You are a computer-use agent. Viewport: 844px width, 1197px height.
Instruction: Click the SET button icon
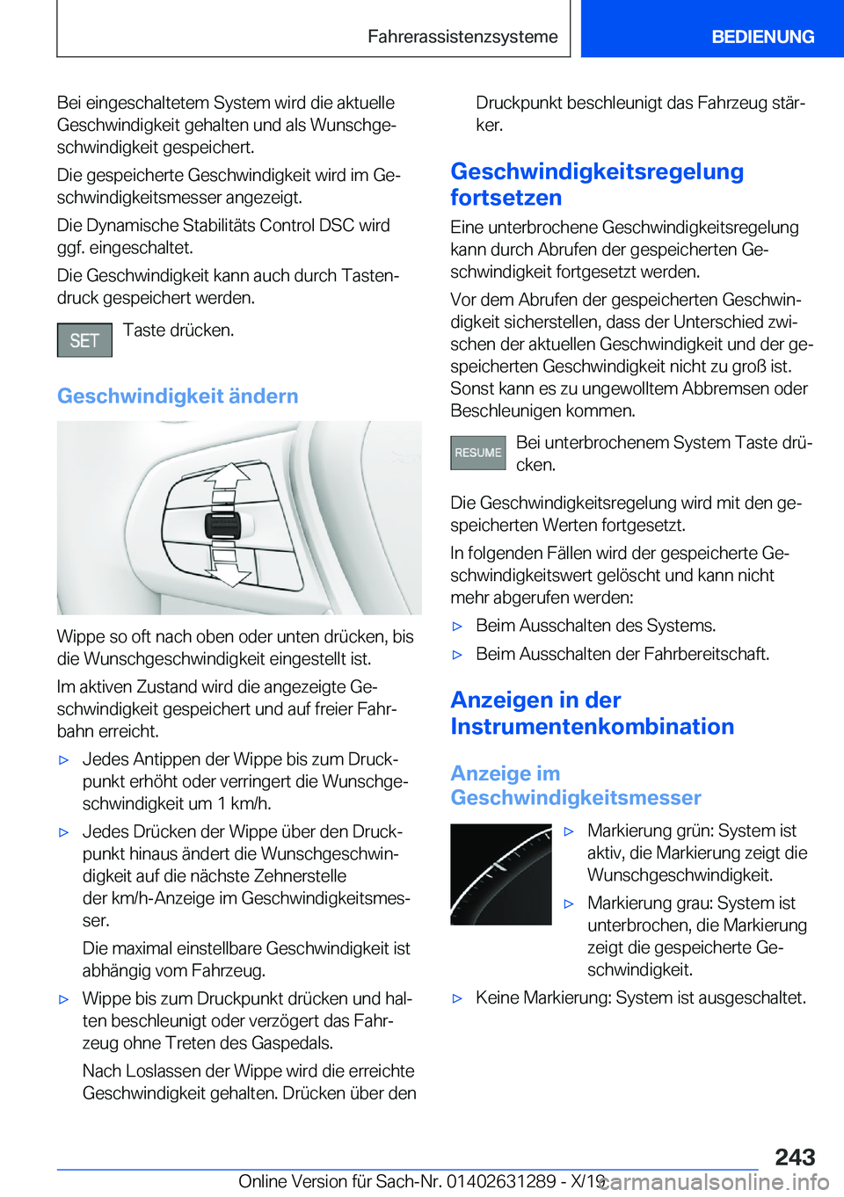84,340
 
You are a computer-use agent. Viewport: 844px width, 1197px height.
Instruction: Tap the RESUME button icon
478,453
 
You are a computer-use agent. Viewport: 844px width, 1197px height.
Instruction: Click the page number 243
795,1157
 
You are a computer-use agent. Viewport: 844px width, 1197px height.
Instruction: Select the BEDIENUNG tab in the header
762,37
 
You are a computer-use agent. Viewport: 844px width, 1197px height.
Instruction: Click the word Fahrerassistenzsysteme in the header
462,37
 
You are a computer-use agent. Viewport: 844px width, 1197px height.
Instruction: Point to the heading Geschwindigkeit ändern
178,396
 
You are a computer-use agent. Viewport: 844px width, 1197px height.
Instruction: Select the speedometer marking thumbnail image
501,874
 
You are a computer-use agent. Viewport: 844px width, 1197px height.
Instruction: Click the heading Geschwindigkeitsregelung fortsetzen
597,185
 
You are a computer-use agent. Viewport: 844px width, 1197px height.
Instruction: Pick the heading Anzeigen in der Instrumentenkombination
592,714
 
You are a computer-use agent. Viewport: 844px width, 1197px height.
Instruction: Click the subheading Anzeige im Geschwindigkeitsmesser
576,786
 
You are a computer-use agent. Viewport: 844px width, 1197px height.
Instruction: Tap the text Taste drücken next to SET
178,330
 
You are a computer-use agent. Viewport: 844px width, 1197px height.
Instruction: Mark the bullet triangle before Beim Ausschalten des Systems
457,627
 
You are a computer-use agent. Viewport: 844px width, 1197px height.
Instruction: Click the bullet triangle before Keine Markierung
457,998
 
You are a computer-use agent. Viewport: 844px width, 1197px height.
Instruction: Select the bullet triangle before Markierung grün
569,831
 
